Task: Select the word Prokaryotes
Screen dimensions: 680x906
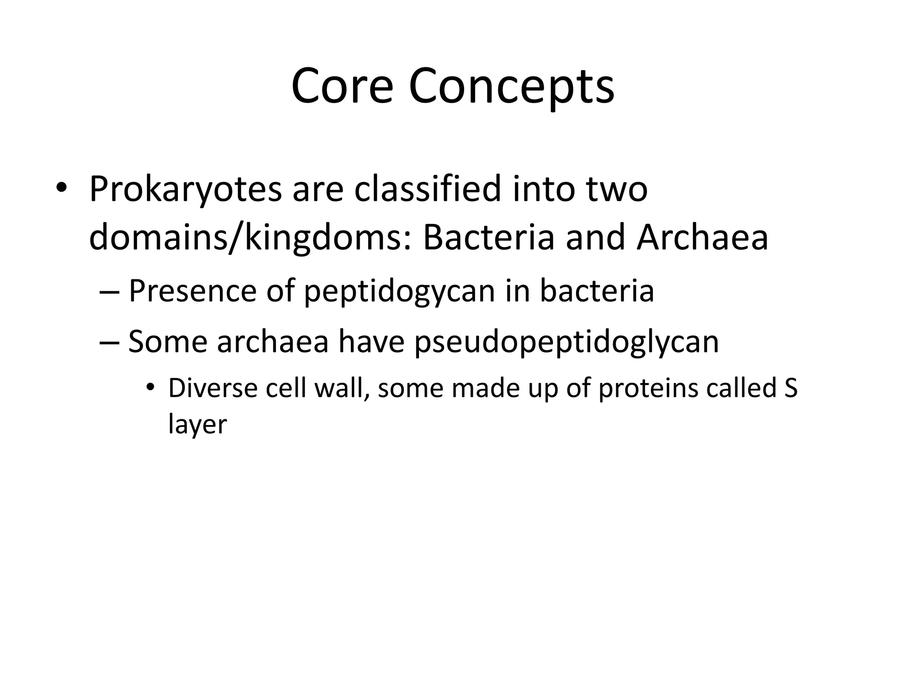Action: (185, 189)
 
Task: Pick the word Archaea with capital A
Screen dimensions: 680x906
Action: (702, 238)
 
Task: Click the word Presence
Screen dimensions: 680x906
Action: (192, 291)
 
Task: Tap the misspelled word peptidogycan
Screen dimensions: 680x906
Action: (399, 292)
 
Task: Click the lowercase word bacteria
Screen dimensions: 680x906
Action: (597, 291)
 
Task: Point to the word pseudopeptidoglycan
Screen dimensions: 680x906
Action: (567, 342)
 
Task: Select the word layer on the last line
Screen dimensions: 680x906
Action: (197, 425)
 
